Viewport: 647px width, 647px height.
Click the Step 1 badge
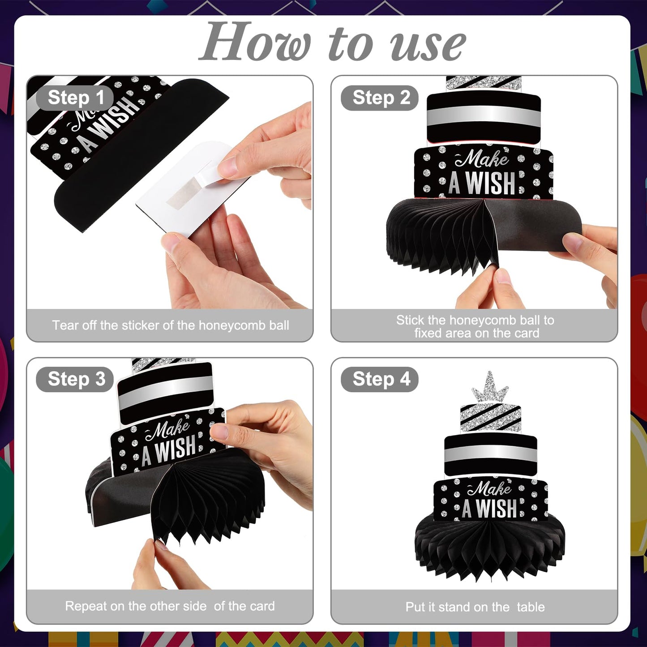(x=75, y=98)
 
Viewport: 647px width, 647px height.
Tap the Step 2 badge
(x=379, y=98)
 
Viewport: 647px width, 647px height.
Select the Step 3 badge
(x=75, y=379)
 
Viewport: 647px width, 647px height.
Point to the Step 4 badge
(x=379, y=379)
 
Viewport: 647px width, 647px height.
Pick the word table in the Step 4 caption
(x=531, y=607)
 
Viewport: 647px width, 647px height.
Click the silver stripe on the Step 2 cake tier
(x=484, y=115)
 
